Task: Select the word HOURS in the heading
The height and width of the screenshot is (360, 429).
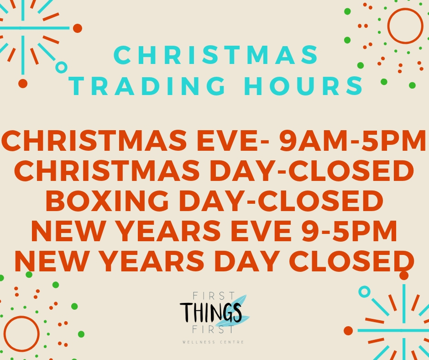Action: tap(303, 86)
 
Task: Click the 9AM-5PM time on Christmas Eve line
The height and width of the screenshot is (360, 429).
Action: tap(352, 141)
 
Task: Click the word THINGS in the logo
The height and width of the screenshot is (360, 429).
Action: tap(211, 312)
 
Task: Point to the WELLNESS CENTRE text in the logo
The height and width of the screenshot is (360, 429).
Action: tap(213, 342)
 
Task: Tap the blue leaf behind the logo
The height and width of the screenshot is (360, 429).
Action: tap(236, 310)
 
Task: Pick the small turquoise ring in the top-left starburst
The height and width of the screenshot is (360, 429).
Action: tap(61, 67)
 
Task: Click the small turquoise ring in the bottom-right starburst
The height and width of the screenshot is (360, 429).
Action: tap(364, 291)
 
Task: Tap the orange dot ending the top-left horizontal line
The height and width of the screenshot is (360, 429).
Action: tap(78, 28)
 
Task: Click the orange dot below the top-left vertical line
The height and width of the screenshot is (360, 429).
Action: tap(23, 84)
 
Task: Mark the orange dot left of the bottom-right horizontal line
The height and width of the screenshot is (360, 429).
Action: tap(348, 331)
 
